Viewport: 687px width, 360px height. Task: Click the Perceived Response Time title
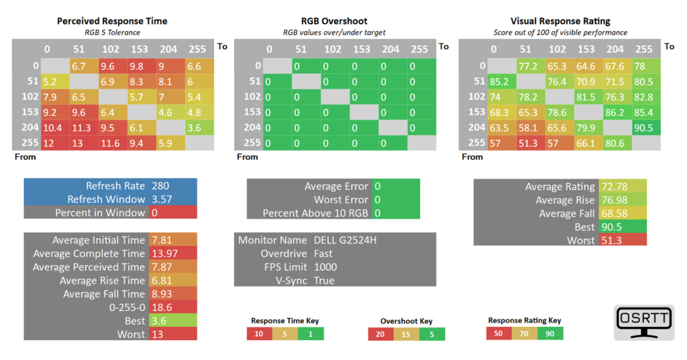tap(112, 21)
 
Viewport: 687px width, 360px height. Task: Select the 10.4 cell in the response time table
tap(55, 128)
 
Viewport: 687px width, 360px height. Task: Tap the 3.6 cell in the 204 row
tap(200, 128)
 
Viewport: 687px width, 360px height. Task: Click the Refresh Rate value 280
tap(160, 186)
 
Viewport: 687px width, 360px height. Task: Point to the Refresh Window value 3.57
tap(161, 199)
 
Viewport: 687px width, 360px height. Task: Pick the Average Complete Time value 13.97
tap(164, 253)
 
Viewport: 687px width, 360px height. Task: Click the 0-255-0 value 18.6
tap(161, 308)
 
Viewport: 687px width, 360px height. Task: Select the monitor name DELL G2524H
tap(346, 240)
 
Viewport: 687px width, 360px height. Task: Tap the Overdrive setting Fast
tap(323, 253)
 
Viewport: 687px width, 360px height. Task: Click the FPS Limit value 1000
tap(325, 267)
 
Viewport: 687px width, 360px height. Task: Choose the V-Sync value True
tap(324, 281)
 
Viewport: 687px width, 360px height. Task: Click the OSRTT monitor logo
tap(644, 322)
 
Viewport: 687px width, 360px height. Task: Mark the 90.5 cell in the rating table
tap(646, 128)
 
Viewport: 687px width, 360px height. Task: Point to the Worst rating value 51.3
tap(611, 241)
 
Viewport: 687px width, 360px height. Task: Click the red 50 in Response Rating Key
tap(499, 333)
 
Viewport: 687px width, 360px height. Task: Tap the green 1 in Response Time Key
tap(311, 334)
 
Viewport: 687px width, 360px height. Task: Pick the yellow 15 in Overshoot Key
tap(406, 334)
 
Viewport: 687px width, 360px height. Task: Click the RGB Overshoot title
tap(334, 21)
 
